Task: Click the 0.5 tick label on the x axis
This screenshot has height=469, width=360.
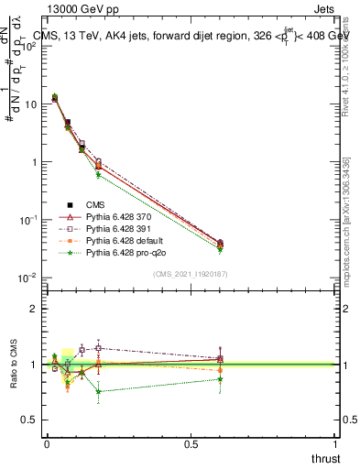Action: tap(191, 444)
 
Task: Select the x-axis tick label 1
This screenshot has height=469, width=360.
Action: tap(335, 444)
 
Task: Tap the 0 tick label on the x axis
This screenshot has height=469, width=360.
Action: tap(47, 444)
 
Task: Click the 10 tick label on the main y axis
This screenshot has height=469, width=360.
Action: tap(30, 104)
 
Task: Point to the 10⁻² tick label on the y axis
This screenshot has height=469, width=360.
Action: tap(28, 278)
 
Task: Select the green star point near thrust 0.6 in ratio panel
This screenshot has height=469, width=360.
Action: tap(220, 378)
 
